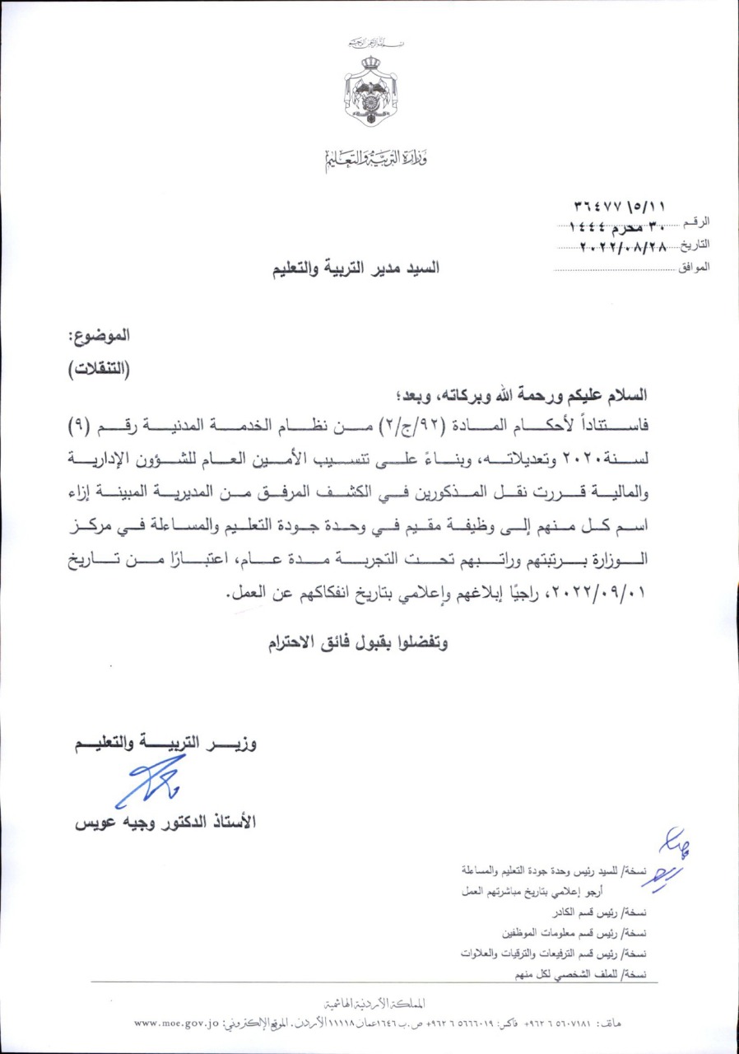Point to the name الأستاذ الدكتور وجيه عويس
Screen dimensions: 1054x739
[165, 822]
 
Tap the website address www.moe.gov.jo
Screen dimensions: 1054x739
[175, 1024]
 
